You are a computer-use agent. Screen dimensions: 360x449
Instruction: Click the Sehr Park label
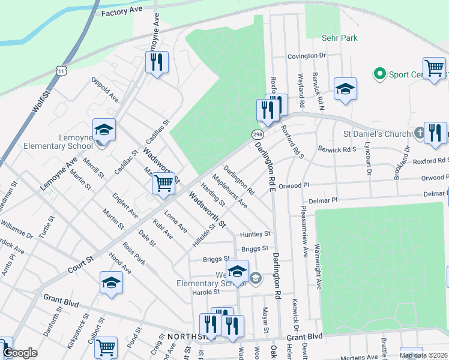[340, 38]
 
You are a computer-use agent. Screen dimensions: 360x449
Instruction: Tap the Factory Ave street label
[122, 13]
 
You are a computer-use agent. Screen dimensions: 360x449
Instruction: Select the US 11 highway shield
[62, 71]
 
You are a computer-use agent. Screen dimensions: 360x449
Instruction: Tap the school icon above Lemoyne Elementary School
[104, 130]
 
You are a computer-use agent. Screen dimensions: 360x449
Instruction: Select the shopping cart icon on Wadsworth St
[164, 184]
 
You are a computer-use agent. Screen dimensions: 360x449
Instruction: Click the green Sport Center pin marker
[379, 74]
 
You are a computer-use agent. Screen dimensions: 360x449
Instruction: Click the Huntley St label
[255, 234]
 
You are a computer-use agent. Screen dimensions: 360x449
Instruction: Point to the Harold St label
[206, 292]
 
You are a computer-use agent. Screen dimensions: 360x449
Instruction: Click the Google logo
[20, 353]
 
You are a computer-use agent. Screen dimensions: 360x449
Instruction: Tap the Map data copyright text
[423, 355]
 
